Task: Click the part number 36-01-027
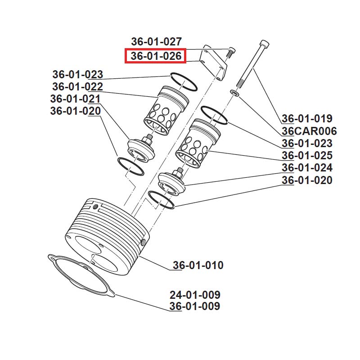pos(156,41)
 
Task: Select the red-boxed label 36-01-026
pos(156,56)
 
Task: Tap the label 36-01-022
pos(77,86)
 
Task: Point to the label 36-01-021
pos(75,99)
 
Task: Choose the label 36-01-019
pos(307,119)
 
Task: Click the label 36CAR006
pos(309,131)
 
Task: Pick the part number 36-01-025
pos(307,156)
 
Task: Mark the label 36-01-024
pos(307,168)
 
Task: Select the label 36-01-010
pos(198,265)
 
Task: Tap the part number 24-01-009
pos(195,295)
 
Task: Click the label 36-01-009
pos(195,306)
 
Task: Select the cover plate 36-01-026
pos(214,63)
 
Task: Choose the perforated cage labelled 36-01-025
pos(196,144)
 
